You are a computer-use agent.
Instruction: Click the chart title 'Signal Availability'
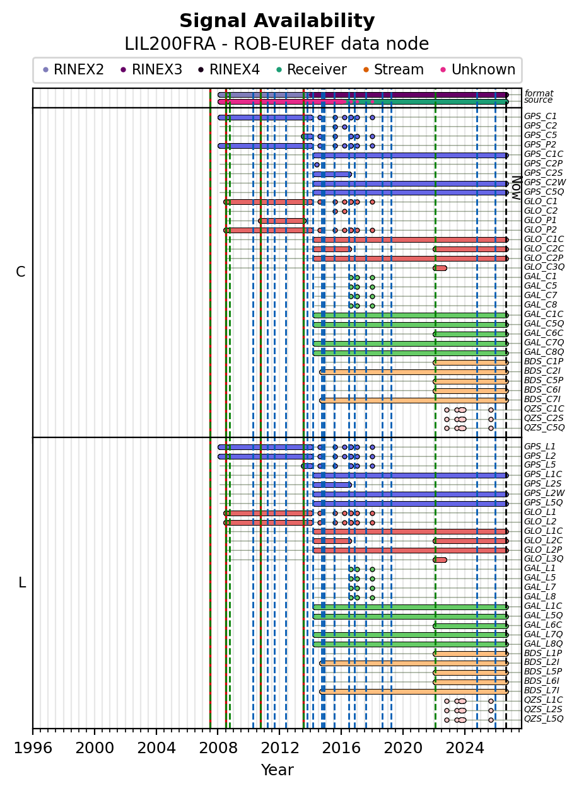click(277, 21)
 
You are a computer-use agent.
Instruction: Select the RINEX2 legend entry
click(73, 69)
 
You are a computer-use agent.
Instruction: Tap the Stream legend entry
click(394, 69)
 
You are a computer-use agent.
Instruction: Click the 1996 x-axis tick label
click(33, 748)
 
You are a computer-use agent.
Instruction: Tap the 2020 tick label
click(403, 748)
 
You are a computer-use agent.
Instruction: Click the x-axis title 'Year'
click(277, 770)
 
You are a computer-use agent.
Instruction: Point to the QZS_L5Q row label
click(544, 719)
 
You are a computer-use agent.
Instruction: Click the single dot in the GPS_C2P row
click(317, 165)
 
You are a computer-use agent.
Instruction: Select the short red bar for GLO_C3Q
click(440, 268)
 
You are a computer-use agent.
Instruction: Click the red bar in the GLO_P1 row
click(283, 221)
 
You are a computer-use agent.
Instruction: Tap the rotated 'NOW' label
click(517, 188)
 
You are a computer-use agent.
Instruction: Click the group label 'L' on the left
click(22, 583)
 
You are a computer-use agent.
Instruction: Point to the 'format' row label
click(539, 93)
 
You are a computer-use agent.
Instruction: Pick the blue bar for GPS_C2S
click(332, 175)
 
